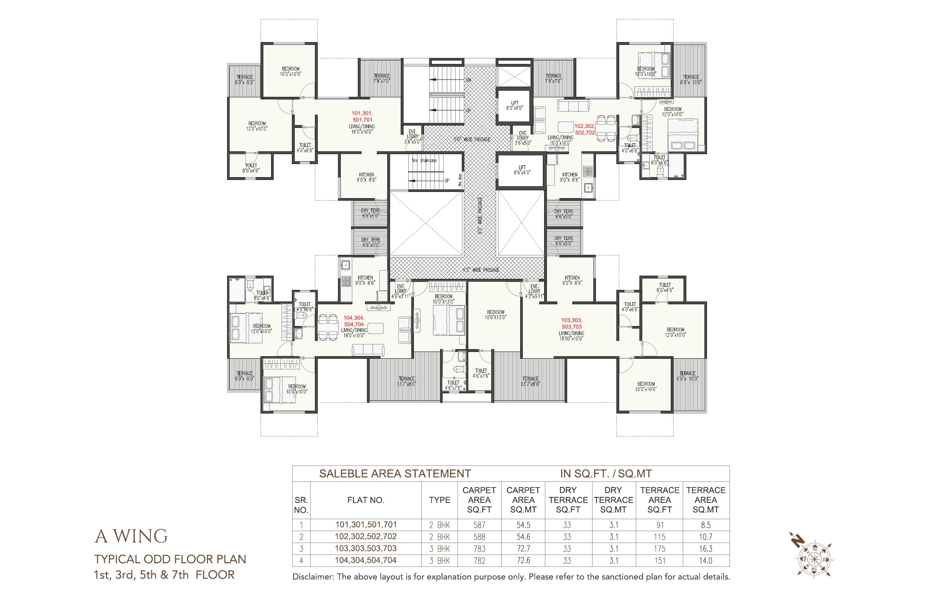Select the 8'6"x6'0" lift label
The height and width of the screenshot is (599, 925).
click(522, 170)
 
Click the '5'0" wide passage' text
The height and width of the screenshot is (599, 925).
click(472, 139)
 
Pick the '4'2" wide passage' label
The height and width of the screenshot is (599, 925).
click(481, 270)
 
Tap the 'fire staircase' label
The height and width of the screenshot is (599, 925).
click(424, 160)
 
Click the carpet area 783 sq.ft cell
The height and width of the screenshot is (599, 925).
click(479, 549)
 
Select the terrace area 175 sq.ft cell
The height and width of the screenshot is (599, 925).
click(660, 549)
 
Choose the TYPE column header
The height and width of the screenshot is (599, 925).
click(439, 500)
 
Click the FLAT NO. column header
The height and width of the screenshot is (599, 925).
click(366, 500)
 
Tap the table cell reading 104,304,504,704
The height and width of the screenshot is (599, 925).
click(366, 560)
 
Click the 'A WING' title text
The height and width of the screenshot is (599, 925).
click(131, 536)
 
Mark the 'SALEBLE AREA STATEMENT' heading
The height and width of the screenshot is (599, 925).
click(395, 473)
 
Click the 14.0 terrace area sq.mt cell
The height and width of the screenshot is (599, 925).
click(706, 560)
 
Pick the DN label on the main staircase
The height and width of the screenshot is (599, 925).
click(468, 80)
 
